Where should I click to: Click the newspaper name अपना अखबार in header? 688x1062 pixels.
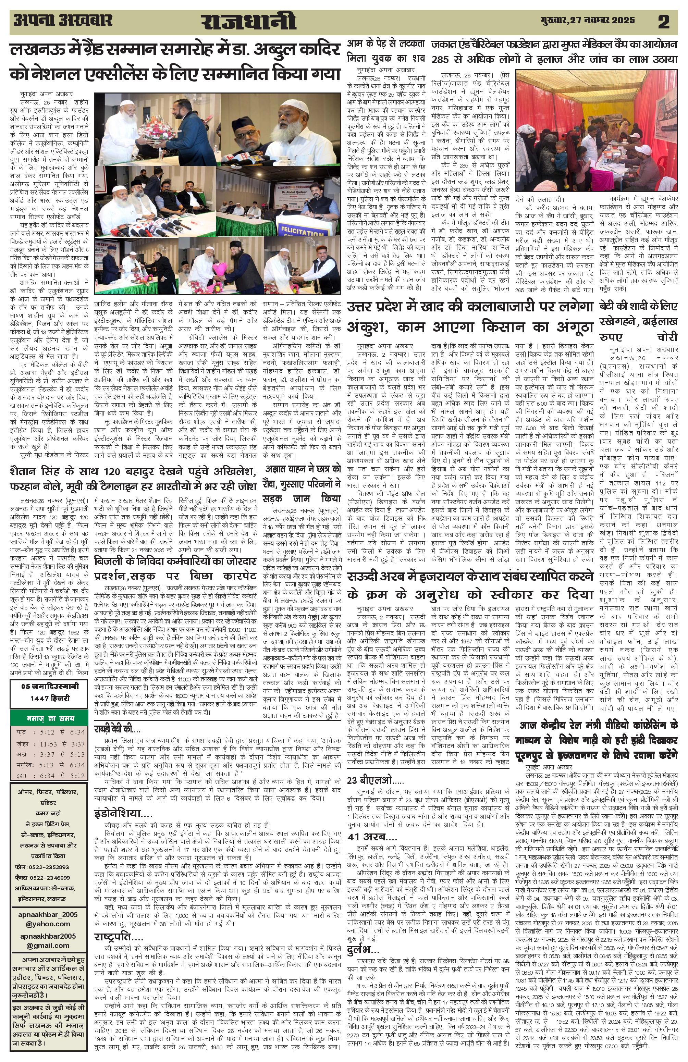tap(62, 21)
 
